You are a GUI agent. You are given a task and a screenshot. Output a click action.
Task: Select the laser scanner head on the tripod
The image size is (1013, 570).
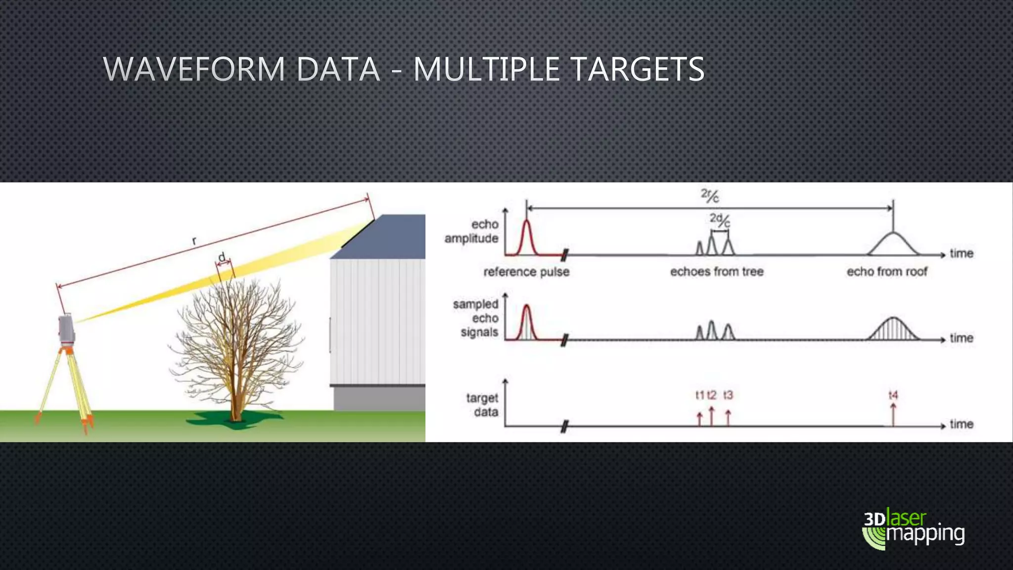click(x=66, y=330)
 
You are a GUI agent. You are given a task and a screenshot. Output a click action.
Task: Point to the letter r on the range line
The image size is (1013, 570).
click(x=194, y=241)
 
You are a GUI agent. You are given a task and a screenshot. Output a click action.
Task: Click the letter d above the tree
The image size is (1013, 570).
click(x=222, y=257)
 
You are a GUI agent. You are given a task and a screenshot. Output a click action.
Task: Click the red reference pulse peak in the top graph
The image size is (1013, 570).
click(x=527, y=225)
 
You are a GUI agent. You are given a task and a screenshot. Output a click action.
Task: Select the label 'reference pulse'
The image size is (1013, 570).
click(x=526, y=272)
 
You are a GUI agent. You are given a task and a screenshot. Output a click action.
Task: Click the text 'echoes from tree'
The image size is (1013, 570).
click(x=717, y=272)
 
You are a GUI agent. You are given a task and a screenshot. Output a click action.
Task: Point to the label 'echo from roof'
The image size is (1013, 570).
click(x=887, y=272)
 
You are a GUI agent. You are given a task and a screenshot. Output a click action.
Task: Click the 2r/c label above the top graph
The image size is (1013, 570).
click(x=710, y=196)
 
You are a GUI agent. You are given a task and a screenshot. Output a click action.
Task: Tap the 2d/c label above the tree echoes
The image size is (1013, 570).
click(x=720, y=220)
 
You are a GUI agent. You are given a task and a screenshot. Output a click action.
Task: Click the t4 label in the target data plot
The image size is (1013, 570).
click(x=893, y=395)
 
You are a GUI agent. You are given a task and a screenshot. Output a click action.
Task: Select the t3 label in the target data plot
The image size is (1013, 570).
click(x=728, y=395)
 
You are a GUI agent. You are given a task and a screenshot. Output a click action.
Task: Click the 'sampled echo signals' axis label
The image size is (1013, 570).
click(x=476, y=318)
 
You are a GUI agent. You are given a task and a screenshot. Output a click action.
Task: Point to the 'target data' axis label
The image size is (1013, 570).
click(x=482, y=405)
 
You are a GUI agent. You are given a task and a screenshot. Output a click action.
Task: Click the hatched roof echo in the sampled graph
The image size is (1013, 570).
click(x=893, y=330)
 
